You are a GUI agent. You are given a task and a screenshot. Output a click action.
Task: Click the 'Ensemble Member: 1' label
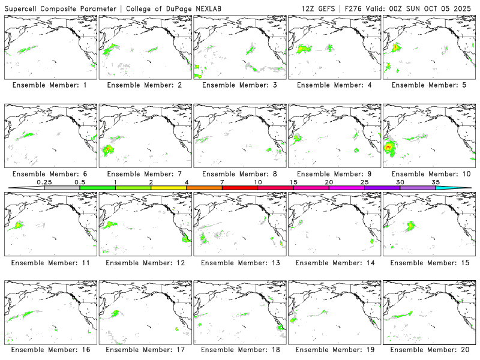tap(49, 85)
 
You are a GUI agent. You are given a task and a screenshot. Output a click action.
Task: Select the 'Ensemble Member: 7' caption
tap(144, 174)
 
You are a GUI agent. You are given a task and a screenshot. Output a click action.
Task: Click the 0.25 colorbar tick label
tap(44, 182)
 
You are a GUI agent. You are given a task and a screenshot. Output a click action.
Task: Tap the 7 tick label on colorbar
tap(222, 182)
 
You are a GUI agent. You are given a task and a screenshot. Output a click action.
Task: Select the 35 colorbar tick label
tap(436, 182)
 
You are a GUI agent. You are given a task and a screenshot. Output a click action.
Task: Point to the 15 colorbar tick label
tap(293, 182)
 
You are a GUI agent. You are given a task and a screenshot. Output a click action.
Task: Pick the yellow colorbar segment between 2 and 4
tap(169, 188)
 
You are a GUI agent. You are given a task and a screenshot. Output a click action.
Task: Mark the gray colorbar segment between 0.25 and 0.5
tap(62, 188)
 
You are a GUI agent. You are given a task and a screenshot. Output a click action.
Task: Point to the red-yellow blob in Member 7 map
tap(109, 148)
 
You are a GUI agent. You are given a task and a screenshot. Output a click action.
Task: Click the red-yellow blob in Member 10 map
tap(389, 146)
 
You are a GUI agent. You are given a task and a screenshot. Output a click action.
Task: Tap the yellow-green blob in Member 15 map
tap(411, 226)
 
